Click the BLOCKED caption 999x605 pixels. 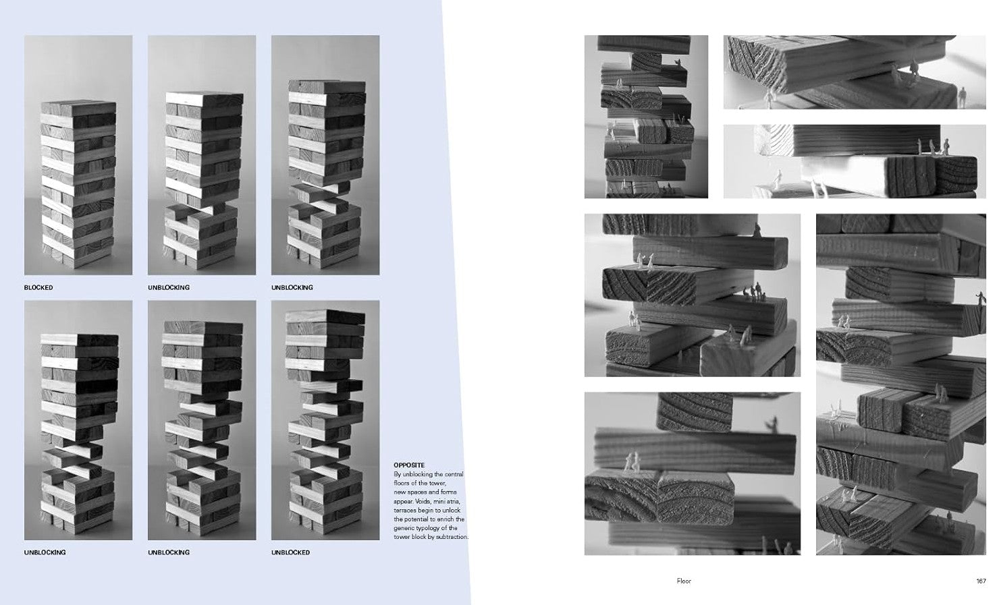(38, 288)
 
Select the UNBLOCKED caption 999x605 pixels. (290, 552)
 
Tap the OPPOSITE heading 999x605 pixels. (409, 465)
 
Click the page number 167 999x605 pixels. (981, 581)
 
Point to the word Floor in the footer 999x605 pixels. (684, 581)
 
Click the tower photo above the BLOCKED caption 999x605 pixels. (78, 155)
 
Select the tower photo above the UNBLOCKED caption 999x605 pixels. (325, 420)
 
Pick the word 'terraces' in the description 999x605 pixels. (404, 510)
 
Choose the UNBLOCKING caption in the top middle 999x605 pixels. (169, 288)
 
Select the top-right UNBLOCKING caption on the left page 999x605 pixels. (292, 288)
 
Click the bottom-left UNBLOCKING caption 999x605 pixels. (45, 552)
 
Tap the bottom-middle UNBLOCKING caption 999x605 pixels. (169, 552)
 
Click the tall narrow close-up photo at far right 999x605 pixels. (901, 384)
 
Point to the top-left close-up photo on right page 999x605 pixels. (646, 117)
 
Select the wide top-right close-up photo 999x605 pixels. (855, 72)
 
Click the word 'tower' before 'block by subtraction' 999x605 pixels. (402, 537)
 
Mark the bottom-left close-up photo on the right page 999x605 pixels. (693, 473)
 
